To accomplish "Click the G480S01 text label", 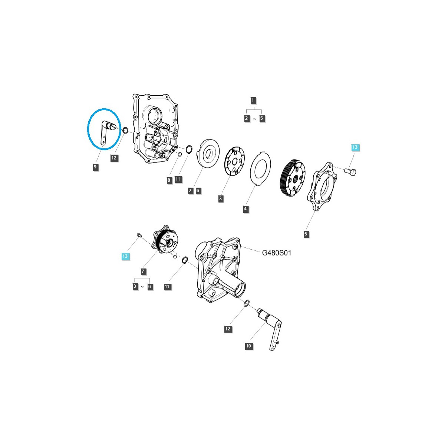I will (277, 253).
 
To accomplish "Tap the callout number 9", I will (95, 167).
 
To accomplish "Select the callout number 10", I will (248, 346).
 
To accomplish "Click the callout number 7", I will (143, 272).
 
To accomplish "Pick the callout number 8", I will (169, 180).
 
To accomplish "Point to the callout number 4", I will (245, 209).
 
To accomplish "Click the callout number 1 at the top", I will (253, 100).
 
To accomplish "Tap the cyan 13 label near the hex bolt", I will (355, 148).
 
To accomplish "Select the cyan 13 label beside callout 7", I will (125, 256).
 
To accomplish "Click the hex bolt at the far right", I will (350, 172).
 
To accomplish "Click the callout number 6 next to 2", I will (198, 191).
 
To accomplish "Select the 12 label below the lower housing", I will (228, 329).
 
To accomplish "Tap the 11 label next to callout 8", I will (178, 179).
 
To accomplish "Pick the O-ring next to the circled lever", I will (125, 131).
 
